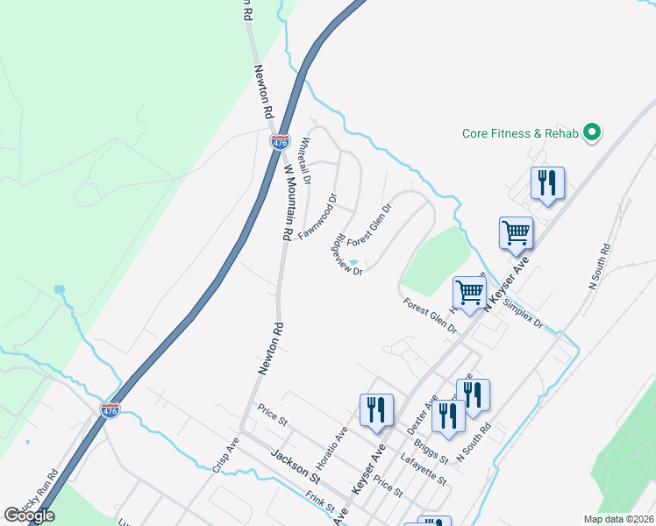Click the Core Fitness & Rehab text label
tap(521, 133)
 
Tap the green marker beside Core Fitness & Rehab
tap(592, 133)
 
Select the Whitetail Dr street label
tap(306, 159)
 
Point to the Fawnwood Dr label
tap(318, 217)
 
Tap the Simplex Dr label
tap(524, 311)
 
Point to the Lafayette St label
tap(422, 470)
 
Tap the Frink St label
tap(321, 501)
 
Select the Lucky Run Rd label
tap(41, 488)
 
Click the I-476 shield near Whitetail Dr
tap(279, 141)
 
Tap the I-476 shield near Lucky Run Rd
tap(110, 410)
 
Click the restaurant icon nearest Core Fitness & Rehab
tap(547, 183)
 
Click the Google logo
tap(29, 515)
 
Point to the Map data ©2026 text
tap(618, 519)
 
